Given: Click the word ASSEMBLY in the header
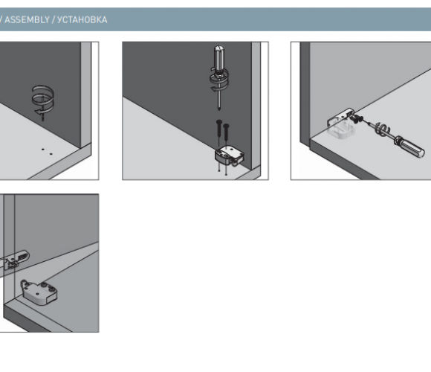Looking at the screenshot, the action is point(27,19).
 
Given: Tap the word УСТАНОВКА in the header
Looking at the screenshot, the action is point(82,19).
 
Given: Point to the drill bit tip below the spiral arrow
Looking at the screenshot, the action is point(43,121).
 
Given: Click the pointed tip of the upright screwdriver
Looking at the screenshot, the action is point(219,110).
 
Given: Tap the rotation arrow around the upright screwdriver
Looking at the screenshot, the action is point(219,80).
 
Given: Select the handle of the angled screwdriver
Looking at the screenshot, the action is point(410,147).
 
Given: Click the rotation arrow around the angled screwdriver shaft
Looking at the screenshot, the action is point(383,129).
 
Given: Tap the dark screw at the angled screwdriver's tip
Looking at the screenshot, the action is point(357,119).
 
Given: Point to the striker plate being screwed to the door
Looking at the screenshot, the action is point(340,118).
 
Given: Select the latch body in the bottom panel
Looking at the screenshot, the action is point(39,292).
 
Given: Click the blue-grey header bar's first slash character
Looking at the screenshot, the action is point(1,19).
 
